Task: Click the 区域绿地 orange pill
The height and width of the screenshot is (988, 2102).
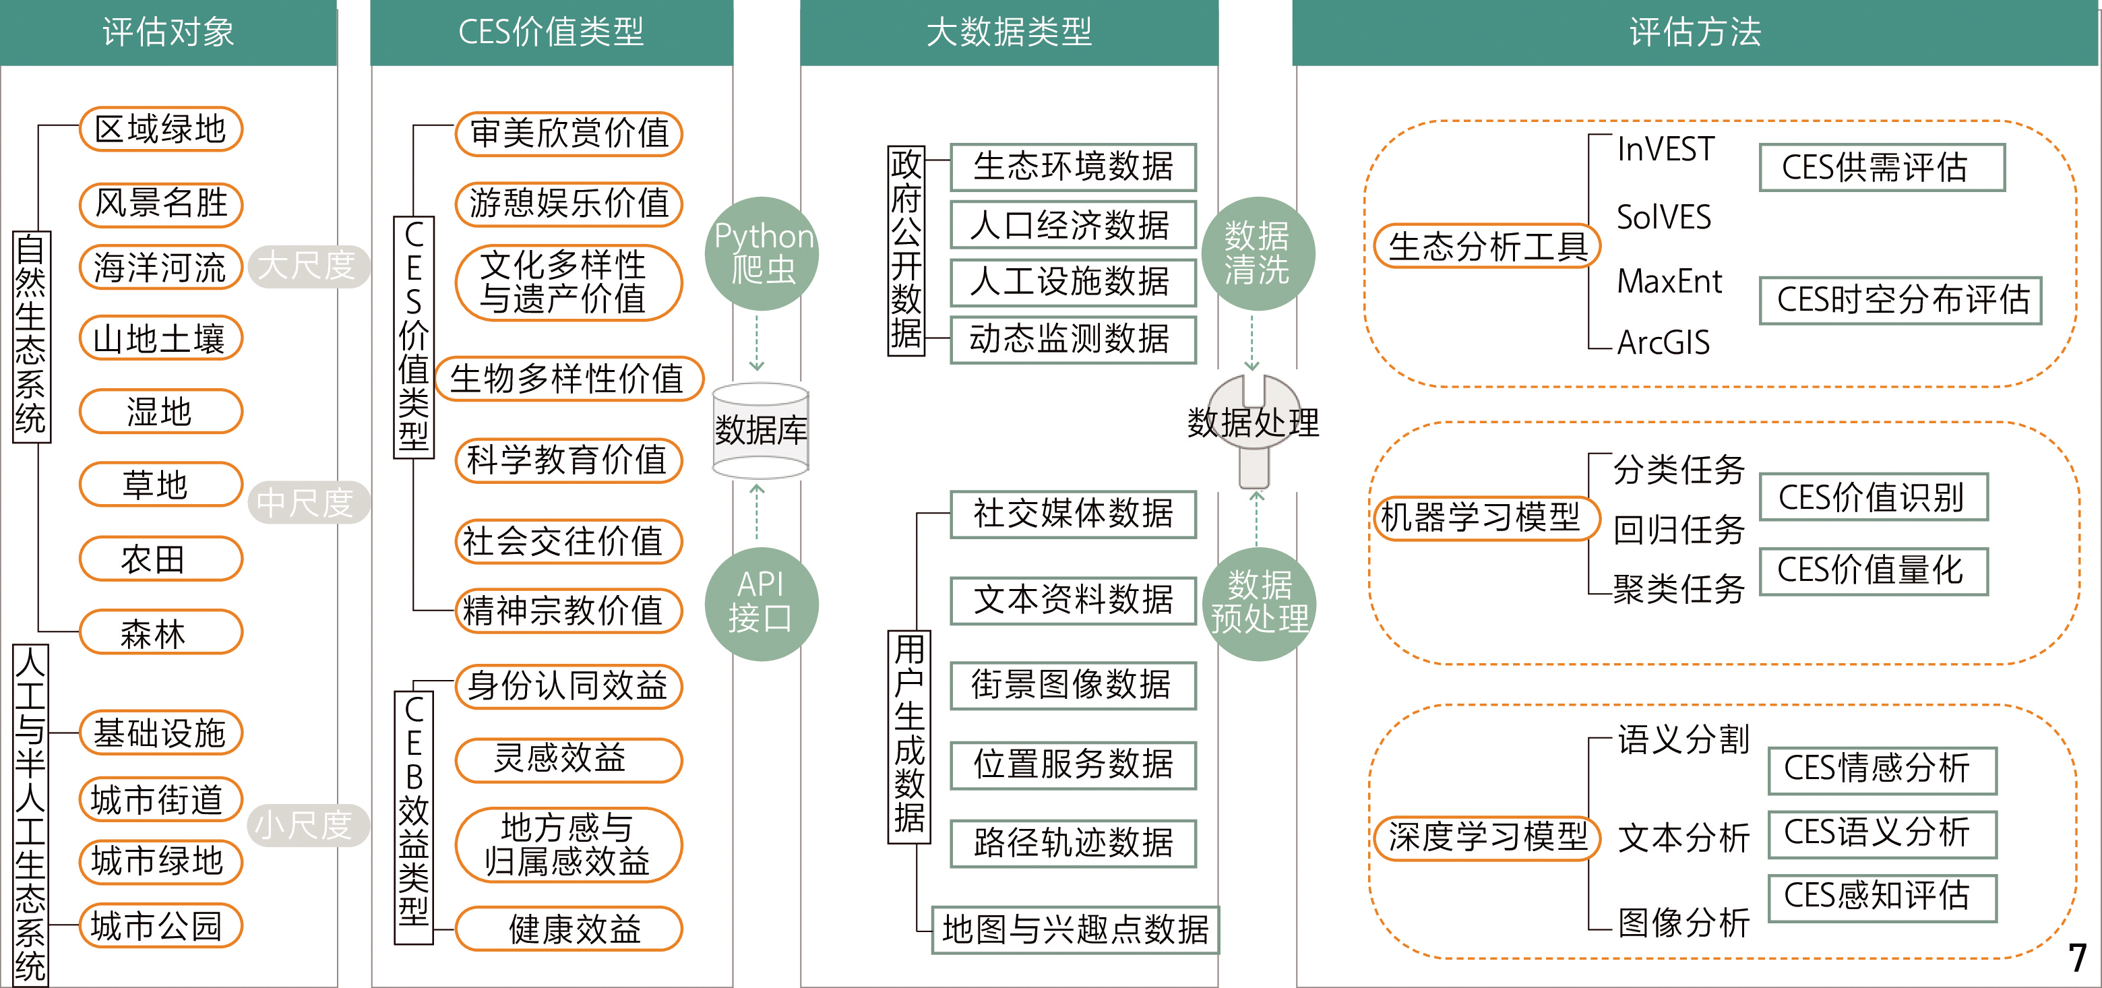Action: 161,129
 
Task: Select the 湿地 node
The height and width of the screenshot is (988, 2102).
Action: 161,411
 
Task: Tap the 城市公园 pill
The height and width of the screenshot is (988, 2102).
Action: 161,926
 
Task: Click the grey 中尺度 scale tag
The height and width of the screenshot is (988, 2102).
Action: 307,503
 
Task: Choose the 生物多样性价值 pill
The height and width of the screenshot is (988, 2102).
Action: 569,379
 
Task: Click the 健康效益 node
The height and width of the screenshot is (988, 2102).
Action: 569,929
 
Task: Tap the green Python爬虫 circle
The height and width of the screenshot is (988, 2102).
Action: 762,253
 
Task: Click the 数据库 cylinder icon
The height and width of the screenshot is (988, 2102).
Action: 760,430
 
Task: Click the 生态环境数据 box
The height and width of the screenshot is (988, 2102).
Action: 1073,167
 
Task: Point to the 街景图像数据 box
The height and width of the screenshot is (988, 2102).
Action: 1073,685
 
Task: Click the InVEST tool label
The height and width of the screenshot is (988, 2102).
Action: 1665,150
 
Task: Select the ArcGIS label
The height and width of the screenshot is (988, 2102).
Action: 1663,342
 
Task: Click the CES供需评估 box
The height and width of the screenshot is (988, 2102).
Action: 1882,168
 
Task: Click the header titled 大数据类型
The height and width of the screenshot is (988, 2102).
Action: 1009,32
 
